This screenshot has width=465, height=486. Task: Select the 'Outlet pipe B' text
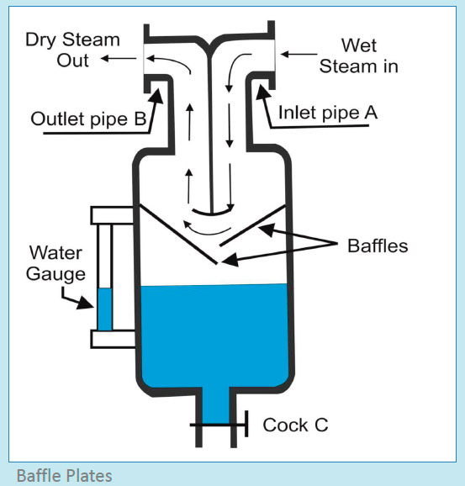click(87, 119)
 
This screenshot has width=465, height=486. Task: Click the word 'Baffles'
click(378, 246)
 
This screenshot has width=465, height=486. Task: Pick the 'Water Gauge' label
click(56, 263)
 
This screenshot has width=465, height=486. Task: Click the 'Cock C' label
click(295, 425)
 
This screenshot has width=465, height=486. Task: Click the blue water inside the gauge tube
click(104, 309)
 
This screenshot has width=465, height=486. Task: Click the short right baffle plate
click(250, 232)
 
